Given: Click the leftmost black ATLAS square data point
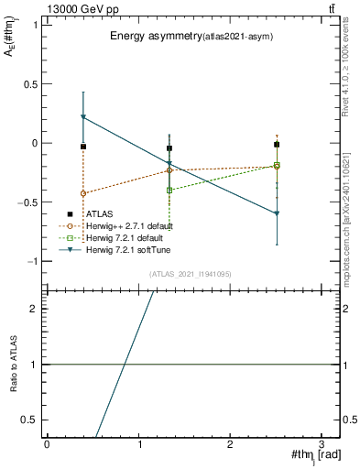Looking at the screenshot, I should click(x=83, y=147).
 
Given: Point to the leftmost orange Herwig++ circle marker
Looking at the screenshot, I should click(x=83, y=193).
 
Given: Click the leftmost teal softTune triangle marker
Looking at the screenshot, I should click(x=83, y=117).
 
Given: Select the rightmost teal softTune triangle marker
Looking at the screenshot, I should click(x=277, y=214).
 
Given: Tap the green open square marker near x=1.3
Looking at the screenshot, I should click(x=169, y=190).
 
